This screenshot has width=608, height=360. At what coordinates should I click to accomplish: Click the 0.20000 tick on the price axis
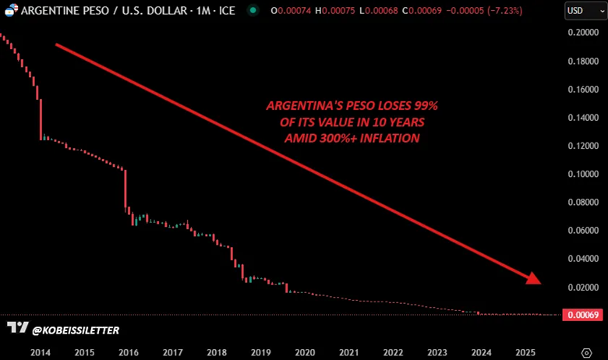click(584, 33)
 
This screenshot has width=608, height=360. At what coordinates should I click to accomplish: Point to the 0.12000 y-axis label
click(584, 146)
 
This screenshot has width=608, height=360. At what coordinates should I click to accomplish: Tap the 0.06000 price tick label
click(584, 231)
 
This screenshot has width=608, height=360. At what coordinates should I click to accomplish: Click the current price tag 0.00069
click(584, 315)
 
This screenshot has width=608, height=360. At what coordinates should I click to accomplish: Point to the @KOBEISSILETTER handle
click(76, 330)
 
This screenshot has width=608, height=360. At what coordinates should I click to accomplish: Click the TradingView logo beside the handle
click(17, 329)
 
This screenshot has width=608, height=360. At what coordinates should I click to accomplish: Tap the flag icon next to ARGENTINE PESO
click(10, 10)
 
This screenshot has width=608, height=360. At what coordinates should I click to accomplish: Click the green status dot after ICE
click(253, 11)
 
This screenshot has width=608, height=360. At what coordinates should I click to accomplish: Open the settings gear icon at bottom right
click(586, 352)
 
